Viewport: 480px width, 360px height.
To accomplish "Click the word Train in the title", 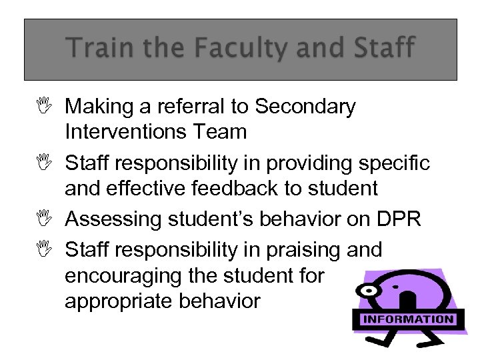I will tap(95, 49).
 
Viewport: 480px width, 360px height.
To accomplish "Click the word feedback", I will tap(241, 189).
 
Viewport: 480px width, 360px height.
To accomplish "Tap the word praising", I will tap(299, 249).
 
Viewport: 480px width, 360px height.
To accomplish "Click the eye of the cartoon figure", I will tap(369, 292).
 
